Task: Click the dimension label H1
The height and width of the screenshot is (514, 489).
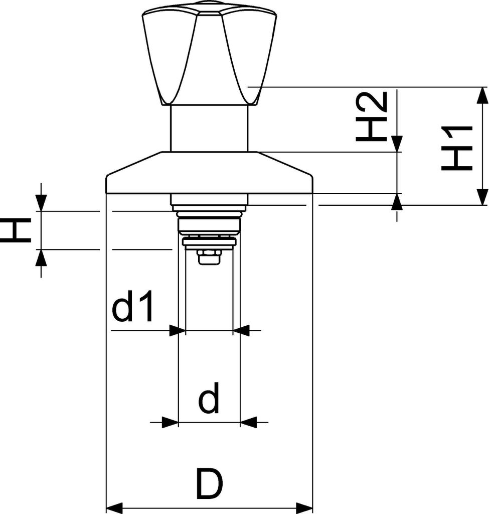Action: tap(457, 148)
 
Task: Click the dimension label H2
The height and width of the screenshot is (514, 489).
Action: tap(372, 116)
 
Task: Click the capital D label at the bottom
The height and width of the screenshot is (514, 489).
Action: tap(209, 485)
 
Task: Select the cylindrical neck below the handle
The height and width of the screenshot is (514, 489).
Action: tap(209, 128)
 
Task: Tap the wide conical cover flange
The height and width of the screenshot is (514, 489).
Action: tap(209, 173)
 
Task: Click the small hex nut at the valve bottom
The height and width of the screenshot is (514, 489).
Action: tap(209, 257)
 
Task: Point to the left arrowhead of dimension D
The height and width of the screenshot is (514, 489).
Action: tap(114, 508)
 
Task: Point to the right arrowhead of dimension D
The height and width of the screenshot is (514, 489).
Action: tap(304, 508)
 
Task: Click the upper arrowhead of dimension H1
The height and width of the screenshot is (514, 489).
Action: tap(482, 95)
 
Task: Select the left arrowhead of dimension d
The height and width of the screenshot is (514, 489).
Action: tap(171, 422)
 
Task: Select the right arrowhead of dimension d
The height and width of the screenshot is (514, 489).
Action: tap(248, 422)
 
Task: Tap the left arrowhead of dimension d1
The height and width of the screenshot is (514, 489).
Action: tap(175, 331)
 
